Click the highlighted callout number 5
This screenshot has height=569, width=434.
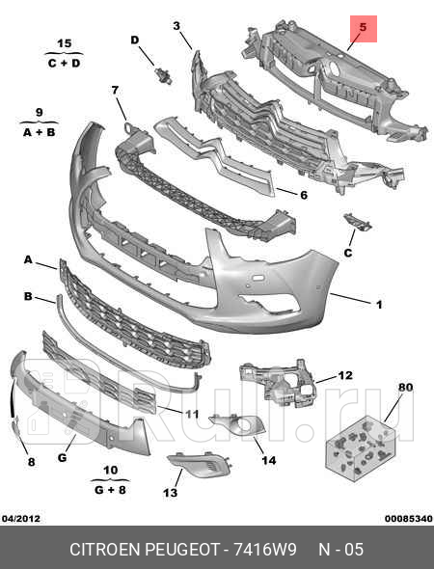click(x=364, y=30)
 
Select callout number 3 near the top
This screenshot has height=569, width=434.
click(x=176, y=25)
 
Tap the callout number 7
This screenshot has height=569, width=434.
click(x=115, y=91)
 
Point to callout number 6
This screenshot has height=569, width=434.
click(x=303, y=195)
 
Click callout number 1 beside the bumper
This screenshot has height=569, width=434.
click(x=379, y=305)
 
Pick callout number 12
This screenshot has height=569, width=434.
click(x=345, y=375)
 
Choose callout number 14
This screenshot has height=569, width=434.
click(x=269, y=460)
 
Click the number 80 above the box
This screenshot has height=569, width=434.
click(x=405, y=388)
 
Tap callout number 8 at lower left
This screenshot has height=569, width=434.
click(x=31, y=462)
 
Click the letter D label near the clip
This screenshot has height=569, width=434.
click(x=135, y=41)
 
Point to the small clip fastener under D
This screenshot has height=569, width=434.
click(x=160, y=74)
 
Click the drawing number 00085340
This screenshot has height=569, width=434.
click(x=408, y=519)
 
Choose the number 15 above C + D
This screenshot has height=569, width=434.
click(x=65, y=44)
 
